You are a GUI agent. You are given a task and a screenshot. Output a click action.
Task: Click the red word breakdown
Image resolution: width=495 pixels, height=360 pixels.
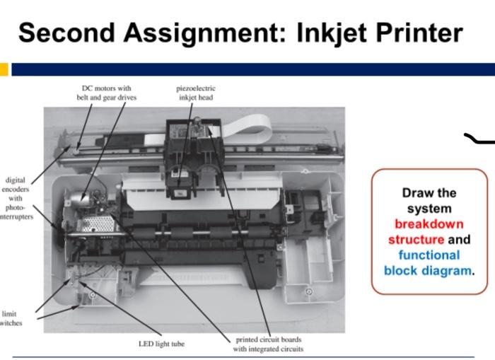(429, 224)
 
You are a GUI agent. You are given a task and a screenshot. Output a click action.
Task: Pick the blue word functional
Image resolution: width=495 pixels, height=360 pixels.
(429, 255)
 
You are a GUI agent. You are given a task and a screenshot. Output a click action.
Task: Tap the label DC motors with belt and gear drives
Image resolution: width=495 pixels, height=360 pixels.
(107, 93)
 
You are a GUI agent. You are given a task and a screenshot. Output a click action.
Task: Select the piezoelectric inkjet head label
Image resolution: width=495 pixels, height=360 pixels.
(196, 93)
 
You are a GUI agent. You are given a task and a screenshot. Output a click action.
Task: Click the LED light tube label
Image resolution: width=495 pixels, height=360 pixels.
(162, 344)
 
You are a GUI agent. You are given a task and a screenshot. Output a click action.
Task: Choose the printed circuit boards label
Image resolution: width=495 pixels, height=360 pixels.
(269, 344)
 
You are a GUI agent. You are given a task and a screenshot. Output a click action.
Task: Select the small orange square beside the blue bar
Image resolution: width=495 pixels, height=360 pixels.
(4, 69)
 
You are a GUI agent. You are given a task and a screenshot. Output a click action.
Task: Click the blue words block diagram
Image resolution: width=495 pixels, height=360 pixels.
(428, 270)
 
